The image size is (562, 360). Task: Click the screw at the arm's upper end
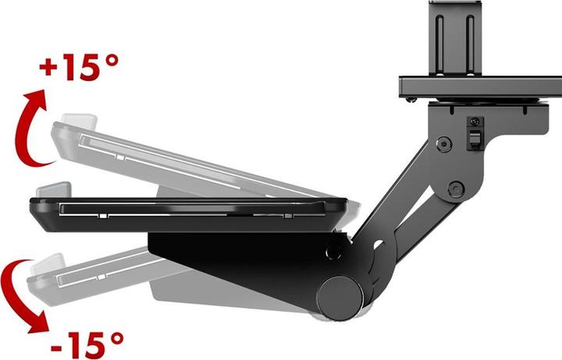444,144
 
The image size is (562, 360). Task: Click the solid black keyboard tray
187,213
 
